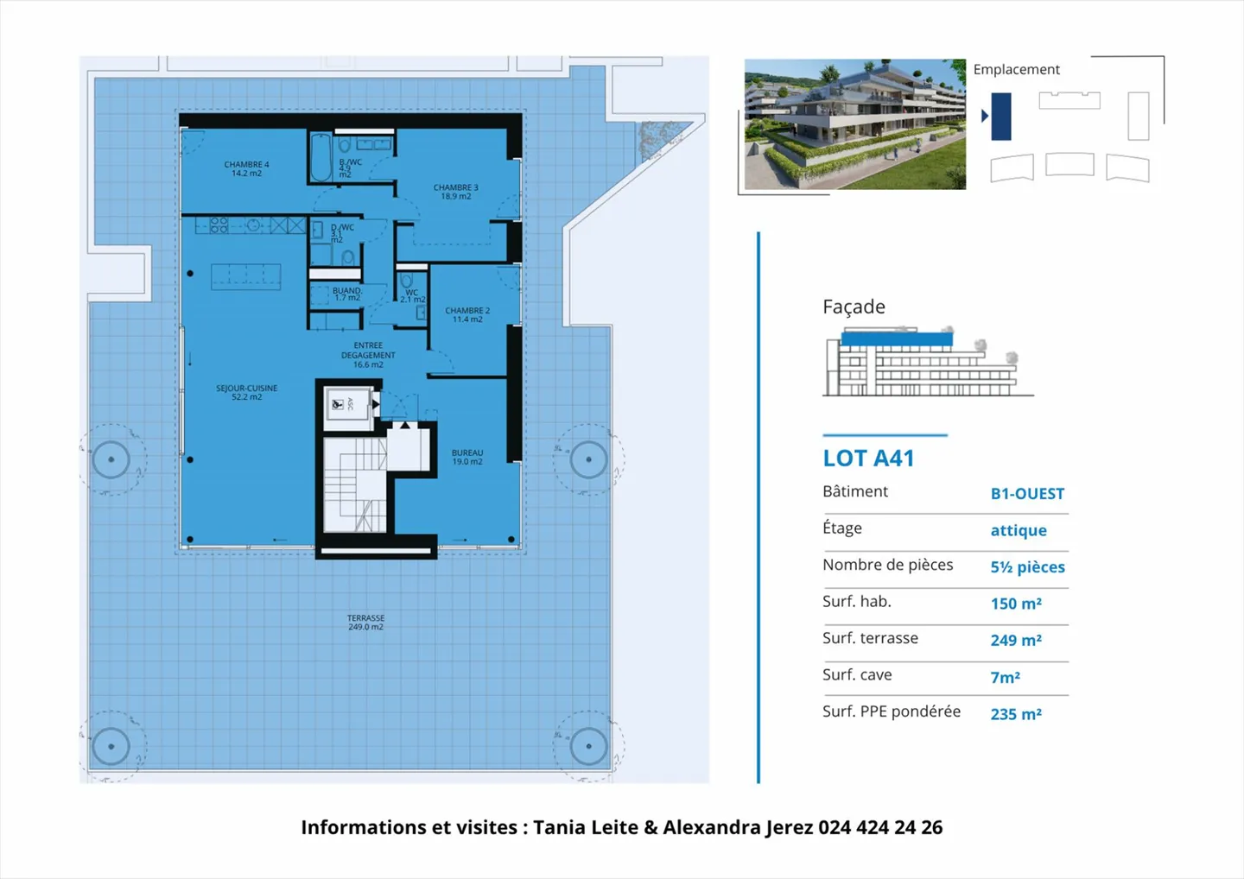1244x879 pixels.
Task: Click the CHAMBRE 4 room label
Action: point(246,168)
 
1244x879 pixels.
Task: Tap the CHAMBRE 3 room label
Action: point(455,192)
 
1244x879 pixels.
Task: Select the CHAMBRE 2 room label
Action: point(467,314)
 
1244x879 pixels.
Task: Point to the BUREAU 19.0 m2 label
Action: point(467,457)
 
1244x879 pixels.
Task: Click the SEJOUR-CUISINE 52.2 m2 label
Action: point(246,392)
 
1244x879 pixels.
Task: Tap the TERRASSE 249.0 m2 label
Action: point(365,623)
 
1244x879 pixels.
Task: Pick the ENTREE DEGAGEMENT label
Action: point(368,355)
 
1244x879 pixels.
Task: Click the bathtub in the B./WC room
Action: point(321,157)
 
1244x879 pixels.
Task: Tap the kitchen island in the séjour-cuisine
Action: point(246,276)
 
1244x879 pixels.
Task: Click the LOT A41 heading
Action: point(868,458)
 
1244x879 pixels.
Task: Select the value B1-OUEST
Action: point(1027,494)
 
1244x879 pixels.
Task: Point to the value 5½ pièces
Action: point(1027,567)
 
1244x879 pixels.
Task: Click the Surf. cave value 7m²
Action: point(1005,678)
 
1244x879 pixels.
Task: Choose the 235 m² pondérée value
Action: point(1016,714)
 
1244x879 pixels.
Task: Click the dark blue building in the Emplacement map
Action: point(1000,117)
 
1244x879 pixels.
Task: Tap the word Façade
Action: point(854,307)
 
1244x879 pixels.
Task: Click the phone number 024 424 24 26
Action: point(879,827)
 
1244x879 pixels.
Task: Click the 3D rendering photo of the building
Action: point(854,124)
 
